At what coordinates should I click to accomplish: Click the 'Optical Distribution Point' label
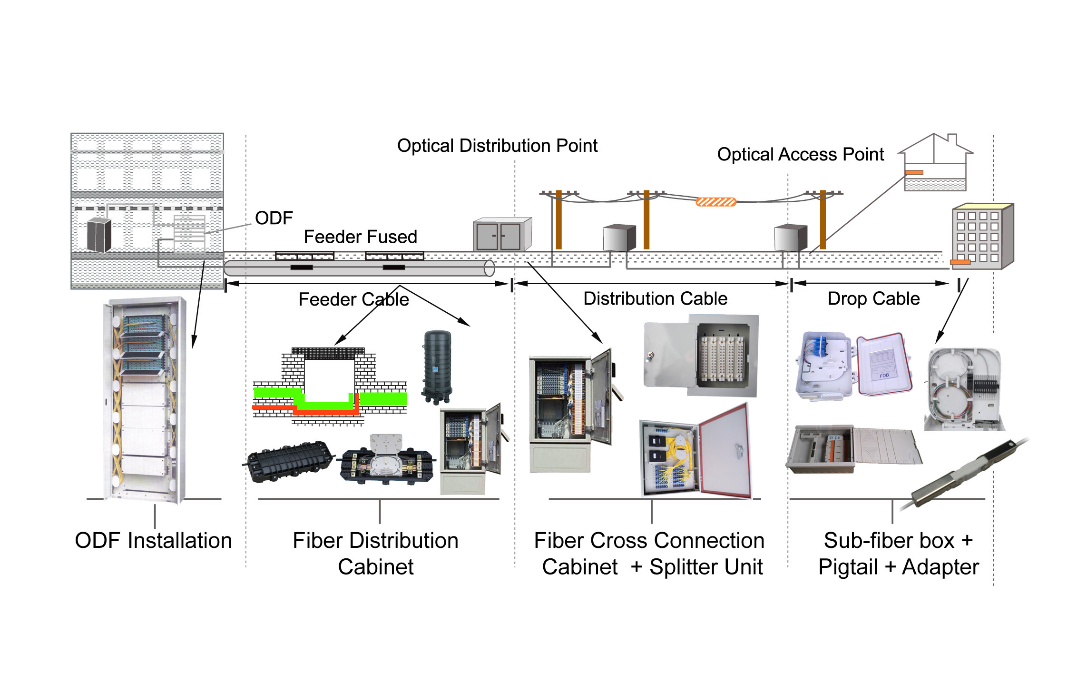[497, 146]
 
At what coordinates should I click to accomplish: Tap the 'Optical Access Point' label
[801, 154]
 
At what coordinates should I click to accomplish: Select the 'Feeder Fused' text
[361, 237]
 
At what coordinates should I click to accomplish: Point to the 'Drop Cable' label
[874, 299]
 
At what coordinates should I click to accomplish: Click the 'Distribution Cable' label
[656, 298]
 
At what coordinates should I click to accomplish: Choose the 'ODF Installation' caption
[154, 541]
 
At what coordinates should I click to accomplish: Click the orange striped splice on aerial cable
[716, 202]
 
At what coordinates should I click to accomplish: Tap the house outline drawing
[935, 162]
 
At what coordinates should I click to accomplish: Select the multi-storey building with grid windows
[983, 236]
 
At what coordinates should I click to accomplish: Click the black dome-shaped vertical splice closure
[437, 367]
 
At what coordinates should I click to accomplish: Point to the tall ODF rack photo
[145, 400]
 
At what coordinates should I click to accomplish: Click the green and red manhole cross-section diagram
[330, 386]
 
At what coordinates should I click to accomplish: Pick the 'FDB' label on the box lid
[884, 376]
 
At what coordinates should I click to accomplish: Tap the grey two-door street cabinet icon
[502, 234]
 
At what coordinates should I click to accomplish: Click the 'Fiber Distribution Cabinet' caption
[376, 554]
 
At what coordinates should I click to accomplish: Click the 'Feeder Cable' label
[353, 299]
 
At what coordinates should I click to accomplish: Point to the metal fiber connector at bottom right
[966, 474]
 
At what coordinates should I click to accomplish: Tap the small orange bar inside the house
[914, 172]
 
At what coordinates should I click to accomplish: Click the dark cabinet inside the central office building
[99, 235]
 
